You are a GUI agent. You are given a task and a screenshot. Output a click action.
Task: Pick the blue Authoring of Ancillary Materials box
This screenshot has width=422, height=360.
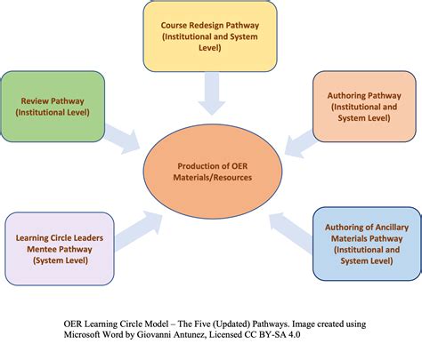(x=366, y=243)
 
